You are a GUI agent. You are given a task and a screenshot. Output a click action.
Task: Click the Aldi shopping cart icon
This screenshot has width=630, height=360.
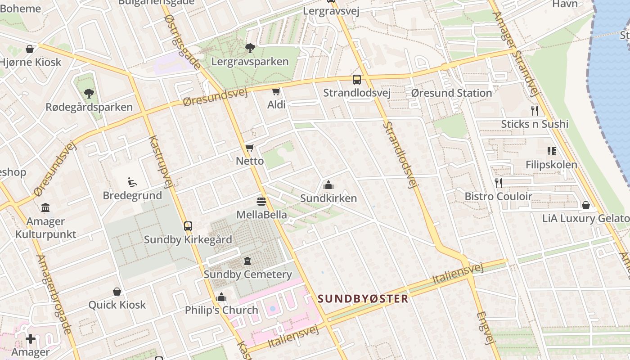[x=276, y=92]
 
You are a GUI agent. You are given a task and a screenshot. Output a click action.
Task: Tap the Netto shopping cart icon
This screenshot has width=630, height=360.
[x=250, y=148]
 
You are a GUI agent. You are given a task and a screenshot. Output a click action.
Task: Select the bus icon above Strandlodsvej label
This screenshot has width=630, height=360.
[x=357, y=80]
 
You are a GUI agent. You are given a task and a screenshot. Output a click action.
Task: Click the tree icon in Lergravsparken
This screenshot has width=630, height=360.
[x=250, y=48]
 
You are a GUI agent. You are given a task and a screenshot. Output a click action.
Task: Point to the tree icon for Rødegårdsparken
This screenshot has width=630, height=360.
[x=89, y=94]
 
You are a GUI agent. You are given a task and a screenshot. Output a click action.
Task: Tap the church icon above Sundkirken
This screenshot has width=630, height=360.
[x=328, y=185]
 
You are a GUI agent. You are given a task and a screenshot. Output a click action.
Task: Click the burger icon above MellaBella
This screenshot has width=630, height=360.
[x=261, y=201]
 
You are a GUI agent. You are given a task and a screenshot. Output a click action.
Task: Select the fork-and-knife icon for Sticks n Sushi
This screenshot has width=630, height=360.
[x=535, y=111]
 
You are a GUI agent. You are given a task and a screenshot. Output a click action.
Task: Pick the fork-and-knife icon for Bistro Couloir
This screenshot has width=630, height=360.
[x=498, y=183]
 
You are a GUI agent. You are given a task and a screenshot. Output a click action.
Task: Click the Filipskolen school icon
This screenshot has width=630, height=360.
[x=551, y=151]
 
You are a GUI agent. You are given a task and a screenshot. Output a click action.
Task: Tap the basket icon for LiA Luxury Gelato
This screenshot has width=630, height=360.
[x=586, y=205]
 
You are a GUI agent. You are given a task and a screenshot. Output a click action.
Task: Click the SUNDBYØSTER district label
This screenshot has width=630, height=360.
[x=363, y=299]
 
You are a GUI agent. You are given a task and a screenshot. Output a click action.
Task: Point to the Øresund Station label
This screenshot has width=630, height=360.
[x=451, y=93]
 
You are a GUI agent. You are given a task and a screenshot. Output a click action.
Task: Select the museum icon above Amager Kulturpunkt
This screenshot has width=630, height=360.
[x=45, y=208]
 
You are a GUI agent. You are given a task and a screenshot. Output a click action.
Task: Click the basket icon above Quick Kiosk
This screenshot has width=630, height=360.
[x=117, y=292]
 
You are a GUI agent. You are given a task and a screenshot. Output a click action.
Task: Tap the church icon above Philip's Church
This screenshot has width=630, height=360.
[x=221, y=297]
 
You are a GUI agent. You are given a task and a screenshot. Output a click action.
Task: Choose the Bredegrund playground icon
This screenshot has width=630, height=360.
[x=132, y=182]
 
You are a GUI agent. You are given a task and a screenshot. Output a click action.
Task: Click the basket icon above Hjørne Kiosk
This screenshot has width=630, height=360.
[x=30, y=49]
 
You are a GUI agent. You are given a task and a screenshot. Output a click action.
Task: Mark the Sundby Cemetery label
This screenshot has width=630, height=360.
[x=247, y=274]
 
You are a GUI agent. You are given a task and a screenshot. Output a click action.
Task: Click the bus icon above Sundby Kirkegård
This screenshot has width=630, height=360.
[x=188, y=226]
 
